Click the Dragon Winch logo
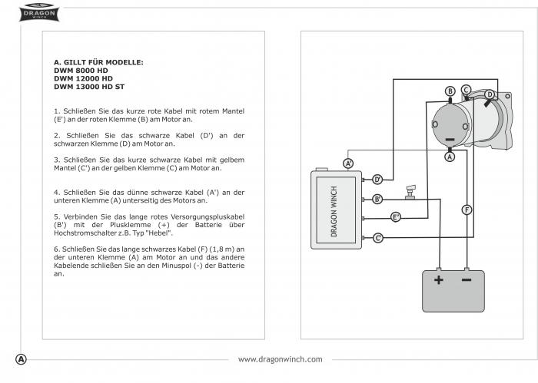pos(38,13)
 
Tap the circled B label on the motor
pos(450,91)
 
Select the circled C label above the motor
pos(466,90)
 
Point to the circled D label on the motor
pos(490,94)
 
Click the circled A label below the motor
pos(450,157)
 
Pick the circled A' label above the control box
pos(348,163)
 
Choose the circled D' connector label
pos(377,180)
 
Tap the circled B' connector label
pos(377,199)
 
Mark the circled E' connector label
pos(396,217)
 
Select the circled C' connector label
pos(378,238)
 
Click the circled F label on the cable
pos(467,210)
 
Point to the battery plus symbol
pos(439,280)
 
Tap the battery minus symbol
pos(467,280)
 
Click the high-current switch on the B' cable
pos(410,192)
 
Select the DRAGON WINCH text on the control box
pos(334,211)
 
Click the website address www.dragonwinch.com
pos(281,359)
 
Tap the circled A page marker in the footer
pos(21,359)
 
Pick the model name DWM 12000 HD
pos(83,78)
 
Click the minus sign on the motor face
pos(450,140)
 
